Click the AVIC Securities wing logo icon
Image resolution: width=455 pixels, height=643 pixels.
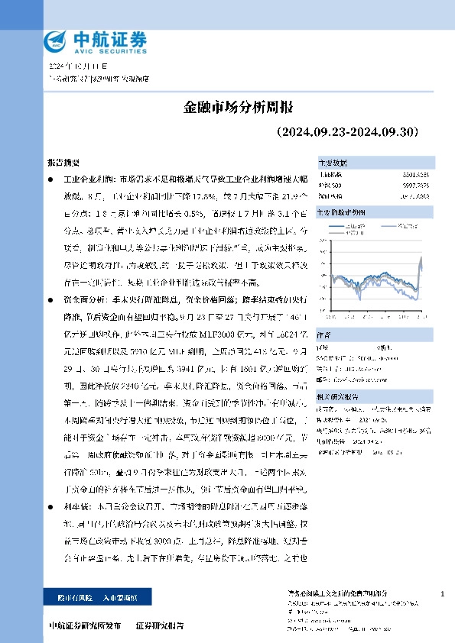pos(56,40)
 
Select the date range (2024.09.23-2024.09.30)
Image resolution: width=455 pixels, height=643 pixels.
pos(346,131)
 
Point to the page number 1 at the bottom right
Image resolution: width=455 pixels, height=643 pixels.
pos(443,593)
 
